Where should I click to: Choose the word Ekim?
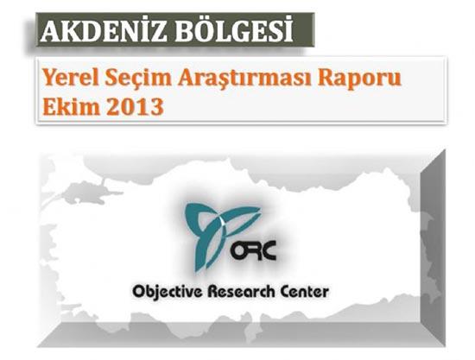[x=68, y=109]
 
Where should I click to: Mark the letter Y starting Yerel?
[x=47, y=79]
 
